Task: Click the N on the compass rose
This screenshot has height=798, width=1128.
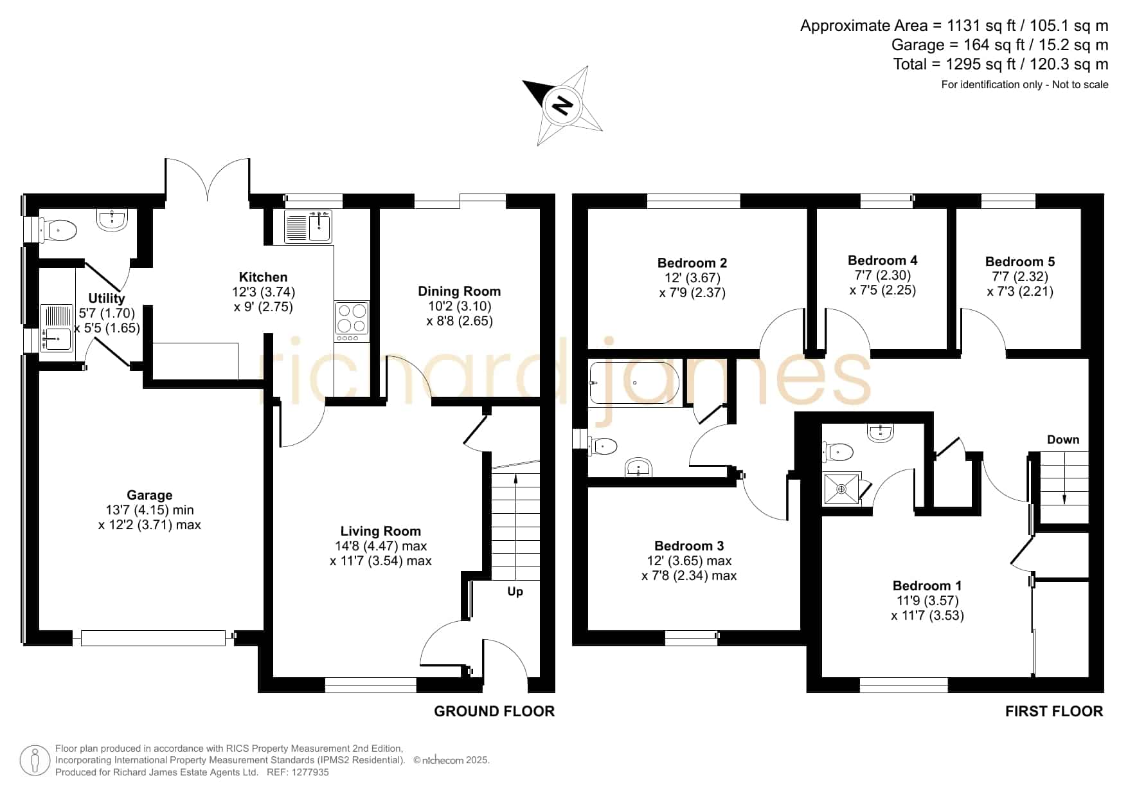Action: click(x=563, y=105)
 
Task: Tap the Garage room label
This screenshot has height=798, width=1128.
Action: click(x=149, y=495)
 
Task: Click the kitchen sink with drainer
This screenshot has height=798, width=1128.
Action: click(x=308, y=226)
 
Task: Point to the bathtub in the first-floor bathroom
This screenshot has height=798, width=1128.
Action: click(x=634, y=383)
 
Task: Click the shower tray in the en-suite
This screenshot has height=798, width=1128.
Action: click(x=842, y=489)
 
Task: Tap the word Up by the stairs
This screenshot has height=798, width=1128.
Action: click(x=515, y=592)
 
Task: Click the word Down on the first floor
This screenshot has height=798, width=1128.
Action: click(x=1063, y=440)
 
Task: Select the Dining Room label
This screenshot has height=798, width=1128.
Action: click(x=459, y=291)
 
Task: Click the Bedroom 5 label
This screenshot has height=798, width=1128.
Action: click(x=1020, y=262)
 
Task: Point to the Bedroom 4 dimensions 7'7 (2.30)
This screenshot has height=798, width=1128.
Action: click(x=882, y=275)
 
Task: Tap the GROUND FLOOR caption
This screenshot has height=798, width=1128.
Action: click(x=494, y=711)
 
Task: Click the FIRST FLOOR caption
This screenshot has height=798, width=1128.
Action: click(x=1054, y=711)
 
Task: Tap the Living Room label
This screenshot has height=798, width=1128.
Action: click(x=380, y=531)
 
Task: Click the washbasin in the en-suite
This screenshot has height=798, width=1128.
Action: click(x=880, y=433)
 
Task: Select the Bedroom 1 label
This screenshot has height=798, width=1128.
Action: click(x=927, y=586)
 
